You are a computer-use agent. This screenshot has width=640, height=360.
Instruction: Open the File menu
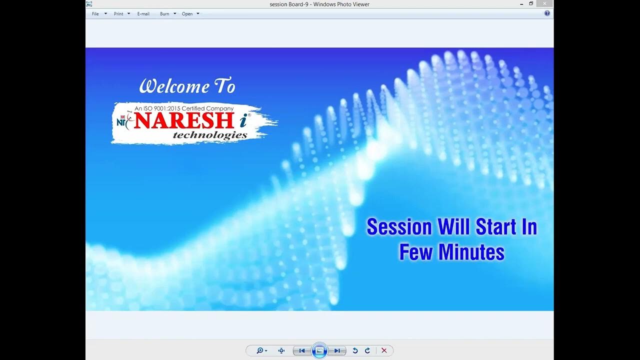95,14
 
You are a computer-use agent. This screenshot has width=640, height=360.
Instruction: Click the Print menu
118,14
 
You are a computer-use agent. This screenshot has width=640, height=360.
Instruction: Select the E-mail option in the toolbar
143,14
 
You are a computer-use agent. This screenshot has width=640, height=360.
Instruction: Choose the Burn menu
164,14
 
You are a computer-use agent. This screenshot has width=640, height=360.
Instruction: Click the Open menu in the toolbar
187,14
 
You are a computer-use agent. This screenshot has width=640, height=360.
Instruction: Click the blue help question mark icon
547,13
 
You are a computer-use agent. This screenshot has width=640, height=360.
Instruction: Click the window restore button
531,3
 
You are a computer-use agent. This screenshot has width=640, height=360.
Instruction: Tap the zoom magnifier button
260,350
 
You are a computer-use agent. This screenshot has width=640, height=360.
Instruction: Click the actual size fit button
281,350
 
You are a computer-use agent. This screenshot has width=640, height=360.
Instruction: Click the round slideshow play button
319,350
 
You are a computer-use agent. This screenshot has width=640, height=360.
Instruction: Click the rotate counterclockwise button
355,350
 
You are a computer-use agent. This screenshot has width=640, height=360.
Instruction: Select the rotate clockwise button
367,350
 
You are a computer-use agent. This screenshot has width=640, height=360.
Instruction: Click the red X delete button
384,350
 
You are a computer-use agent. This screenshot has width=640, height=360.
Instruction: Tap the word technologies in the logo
210,135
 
